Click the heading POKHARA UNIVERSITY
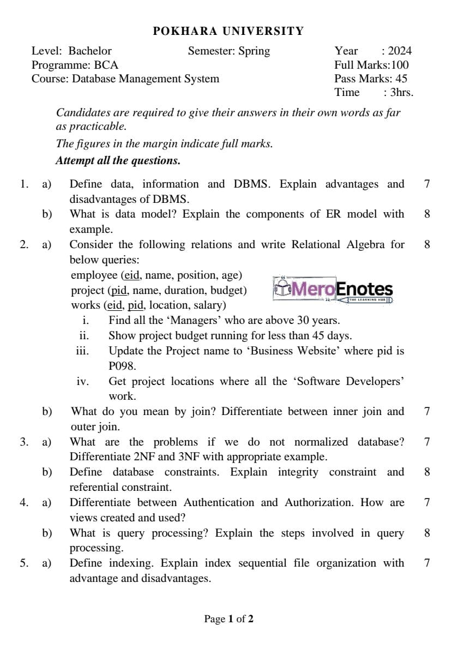point(228,31)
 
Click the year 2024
point(400,51)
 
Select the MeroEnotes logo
point(333,290)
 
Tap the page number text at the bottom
point(228,619)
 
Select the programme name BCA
point(98,65)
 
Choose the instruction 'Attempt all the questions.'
point(118,161)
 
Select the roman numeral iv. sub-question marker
point(82,382)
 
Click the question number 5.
point(23,563)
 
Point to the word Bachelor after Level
point(90,51)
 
